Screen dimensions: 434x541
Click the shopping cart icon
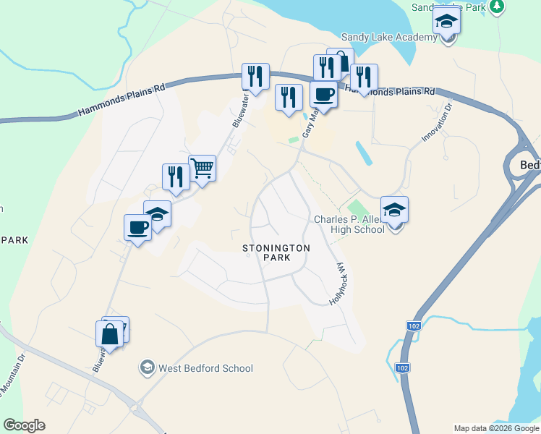point(202,169)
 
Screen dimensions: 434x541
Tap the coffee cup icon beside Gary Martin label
point(323,94)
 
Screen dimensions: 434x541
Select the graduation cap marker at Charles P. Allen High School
point(394,210)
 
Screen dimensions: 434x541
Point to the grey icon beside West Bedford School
point(148,368)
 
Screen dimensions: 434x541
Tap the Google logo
point(24,425)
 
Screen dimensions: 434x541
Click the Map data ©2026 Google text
point(496,428)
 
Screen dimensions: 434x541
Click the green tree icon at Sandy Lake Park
point(496,7)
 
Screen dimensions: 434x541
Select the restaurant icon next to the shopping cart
point(176,176)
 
